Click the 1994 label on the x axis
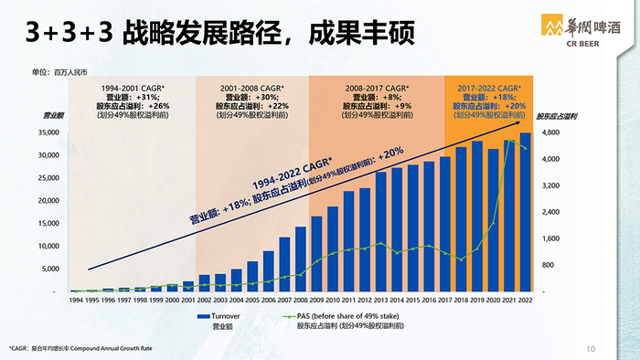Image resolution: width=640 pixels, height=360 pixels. pos(76,300)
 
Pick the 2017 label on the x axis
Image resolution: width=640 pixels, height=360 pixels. pos(444,300)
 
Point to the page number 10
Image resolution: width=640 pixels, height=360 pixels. pos(590,348)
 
